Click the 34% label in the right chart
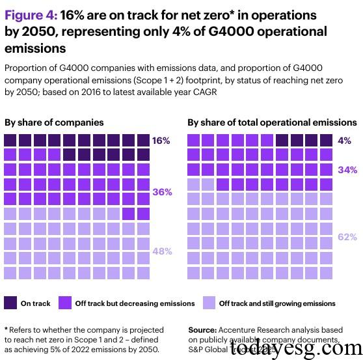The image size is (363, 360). point(347,170)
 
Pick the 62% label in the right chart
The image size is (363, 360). point(347,237)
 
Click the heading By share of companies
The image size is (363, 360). point(54,122)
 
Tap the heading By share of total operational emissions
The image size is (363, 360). point(272,122)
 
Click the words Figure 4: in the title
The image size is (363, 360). point(31,14)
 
